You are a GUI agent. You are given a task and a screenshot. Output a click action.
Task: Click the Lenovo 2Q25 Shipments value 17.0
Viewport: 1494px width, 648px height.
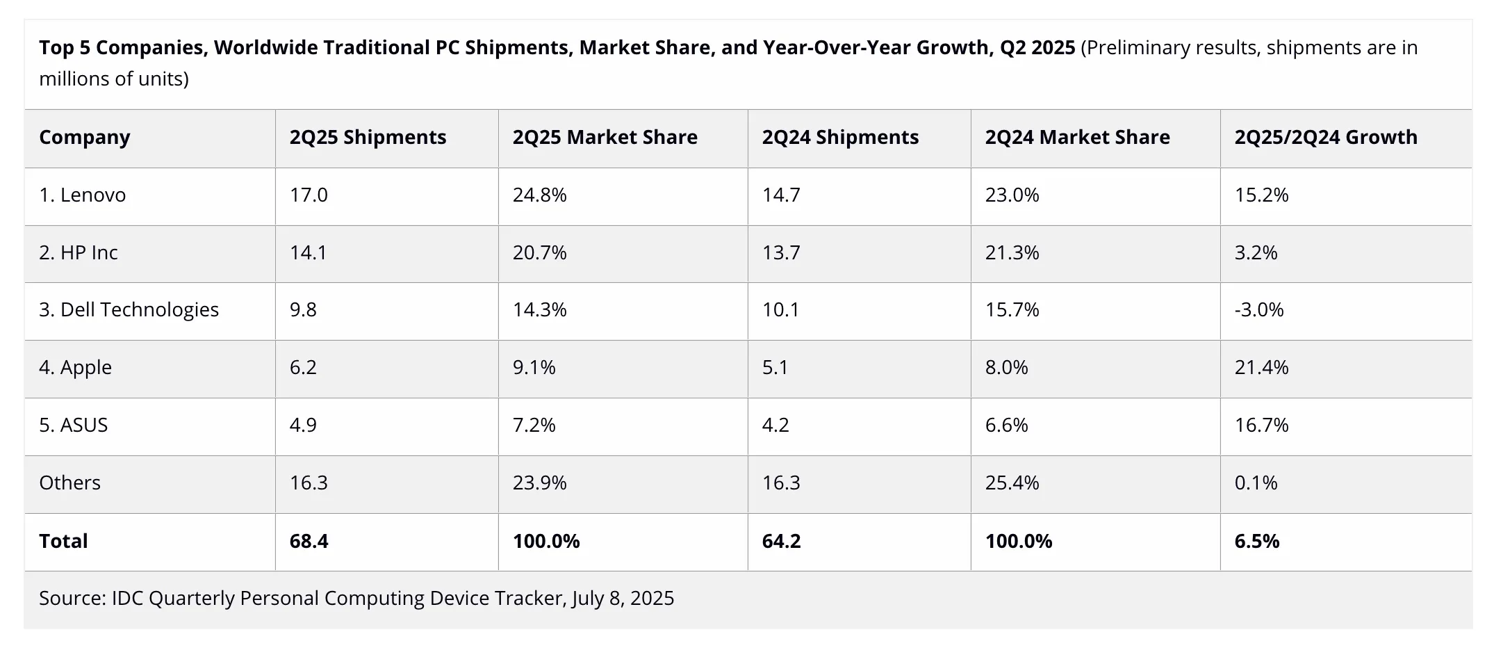point(309,195)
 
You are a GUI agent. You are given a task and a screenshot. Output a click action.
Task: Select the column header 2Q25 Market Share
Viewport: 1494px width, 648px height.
point(605,138)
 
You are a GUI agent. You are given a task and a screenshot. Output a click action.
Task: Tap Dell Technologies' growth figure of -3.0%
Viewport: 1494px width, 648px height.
point(1258,310)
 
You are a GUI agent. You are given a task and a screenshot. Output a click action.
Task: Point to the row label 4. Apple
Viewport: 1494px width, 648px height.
point(75,368)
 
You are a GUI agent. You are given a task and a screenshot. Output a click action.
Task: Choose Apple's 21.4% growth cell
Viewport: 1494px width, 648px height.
point(1261,368)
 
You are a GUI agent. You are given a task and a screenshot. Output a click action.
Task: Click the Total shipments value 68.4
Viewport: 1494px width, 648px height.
point(309,542)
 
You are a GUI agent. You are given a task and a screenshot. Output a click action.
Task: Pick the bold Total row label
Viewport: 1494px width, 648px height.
point(63,542)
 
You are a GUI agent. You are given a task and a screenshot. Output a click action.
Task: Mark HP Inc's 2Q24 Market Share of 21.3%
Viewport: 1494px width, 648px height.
point(1012,253)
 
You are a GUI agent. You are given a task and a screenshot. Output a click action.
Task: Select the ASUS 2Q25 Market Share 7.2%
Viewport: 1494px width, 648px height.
point(534,426)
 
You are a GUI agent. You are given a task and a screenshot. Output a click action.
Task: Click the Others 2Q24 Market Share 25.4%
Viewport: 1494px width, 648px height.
point(1012,483)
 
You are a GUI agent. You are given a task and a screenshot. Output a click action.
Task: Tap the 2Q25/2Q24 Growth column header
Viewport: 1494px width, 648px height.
point(1325,138)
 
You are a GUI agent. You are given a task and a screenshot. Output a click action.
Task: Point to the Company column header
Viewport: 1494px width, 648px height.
point(84,138)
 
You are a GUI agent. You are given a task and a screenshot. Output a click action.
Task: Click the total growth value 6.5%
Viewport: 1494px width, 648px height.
point(1256,542)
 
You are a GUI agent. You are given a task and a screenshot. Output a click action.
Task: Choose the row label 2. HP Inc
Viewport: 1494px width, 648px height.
point(79,253)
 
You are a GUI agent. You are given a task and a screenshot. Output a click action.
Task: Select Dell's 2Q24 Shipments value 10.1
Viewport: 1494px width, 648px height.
point(780,310)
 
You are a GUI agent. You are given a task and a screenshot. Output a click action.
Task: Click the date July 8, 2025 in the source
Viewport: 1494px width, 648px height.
point(623,599)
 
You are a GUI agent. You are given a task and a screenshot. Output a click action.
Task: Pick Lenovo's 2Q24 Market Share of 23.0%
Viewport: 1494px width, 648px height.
point(1012,195)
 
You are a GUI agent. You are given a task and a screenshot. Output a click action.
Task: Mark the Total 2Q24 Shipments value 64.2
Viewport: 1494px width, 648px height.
point(781,542)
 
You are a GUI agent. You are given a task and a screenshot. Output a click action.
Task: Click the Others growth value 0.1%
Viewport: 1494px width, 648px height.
point(1256,483)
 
